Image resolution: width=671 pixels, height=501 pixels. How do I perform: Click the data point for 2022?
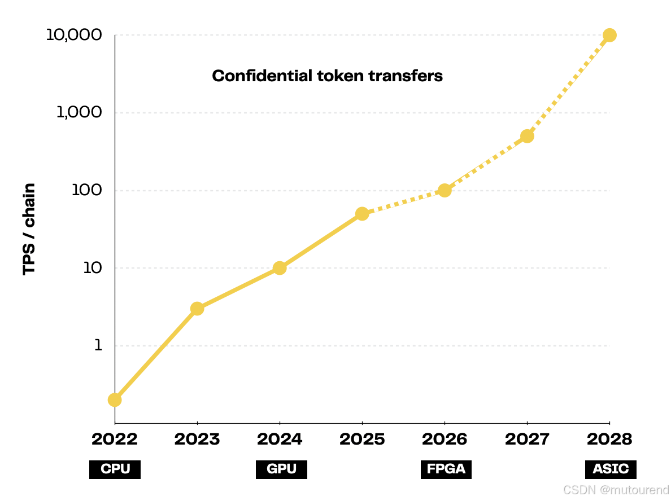coord(115,399)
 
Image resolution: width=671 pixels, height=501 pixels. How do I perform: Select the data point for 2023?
coord(197,308)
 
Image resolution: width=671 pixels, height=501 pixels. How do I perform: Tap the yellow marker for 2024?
coord(280,268)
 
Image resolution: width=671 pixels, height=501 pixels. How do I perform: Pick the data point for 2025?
coord(362,214)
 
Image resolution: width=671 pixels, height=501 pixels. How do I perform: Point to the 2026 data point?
coord(445,190)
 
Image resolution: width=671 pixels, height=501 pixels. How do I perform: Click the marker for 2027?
coord(527,137)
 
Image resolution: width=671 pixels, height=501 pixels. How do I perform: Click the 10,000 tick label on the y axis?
coord(74,34)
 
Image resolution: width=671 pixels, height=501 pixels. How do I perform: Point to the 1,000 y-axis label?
coord(79,112)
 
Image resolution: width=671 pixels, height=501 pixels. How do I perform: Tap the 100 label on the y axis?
coord(87,190)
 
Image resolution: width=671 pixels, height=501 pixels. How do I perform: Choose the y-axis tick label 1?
coord(98,345)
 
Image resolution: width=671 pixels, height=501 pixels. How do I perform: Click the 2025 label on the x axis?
coord(362,439)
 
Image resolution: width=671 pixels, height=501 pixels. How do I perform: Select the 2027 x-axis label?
coord(527,439)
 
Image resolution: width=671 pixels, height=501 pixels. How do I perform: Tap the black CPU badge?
coord(115,469)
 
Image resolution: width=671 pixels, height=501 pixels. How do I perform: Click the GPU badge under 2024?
coord(281,469)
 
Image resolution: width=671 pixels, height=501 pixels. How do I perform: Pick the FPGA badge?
coord(446,469)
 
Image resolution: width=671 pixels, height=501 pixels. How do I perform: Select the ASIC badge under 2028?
coord(611,469)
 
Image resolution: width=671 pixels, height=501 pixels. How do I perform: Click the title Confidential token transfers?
coord(328,76)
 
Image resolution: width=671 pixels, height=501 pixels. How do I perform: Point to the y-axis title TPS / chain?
coord(29,229)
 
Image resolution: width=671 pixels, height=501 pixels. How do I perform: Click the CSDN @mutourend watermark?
coord(616,490)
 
